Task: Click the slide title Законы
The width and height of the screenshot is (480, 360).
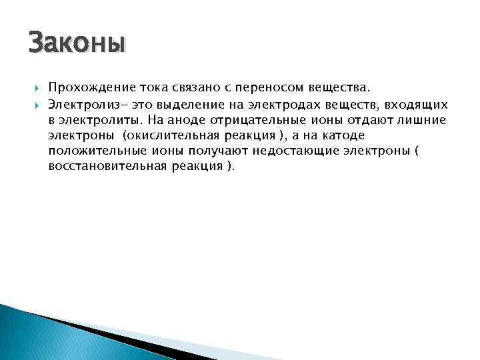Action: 77,44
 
